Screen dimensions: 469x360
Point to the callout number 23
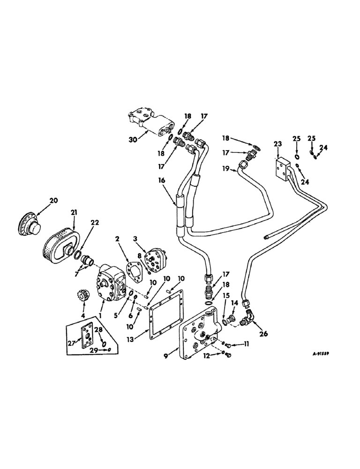coord(277,144)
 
